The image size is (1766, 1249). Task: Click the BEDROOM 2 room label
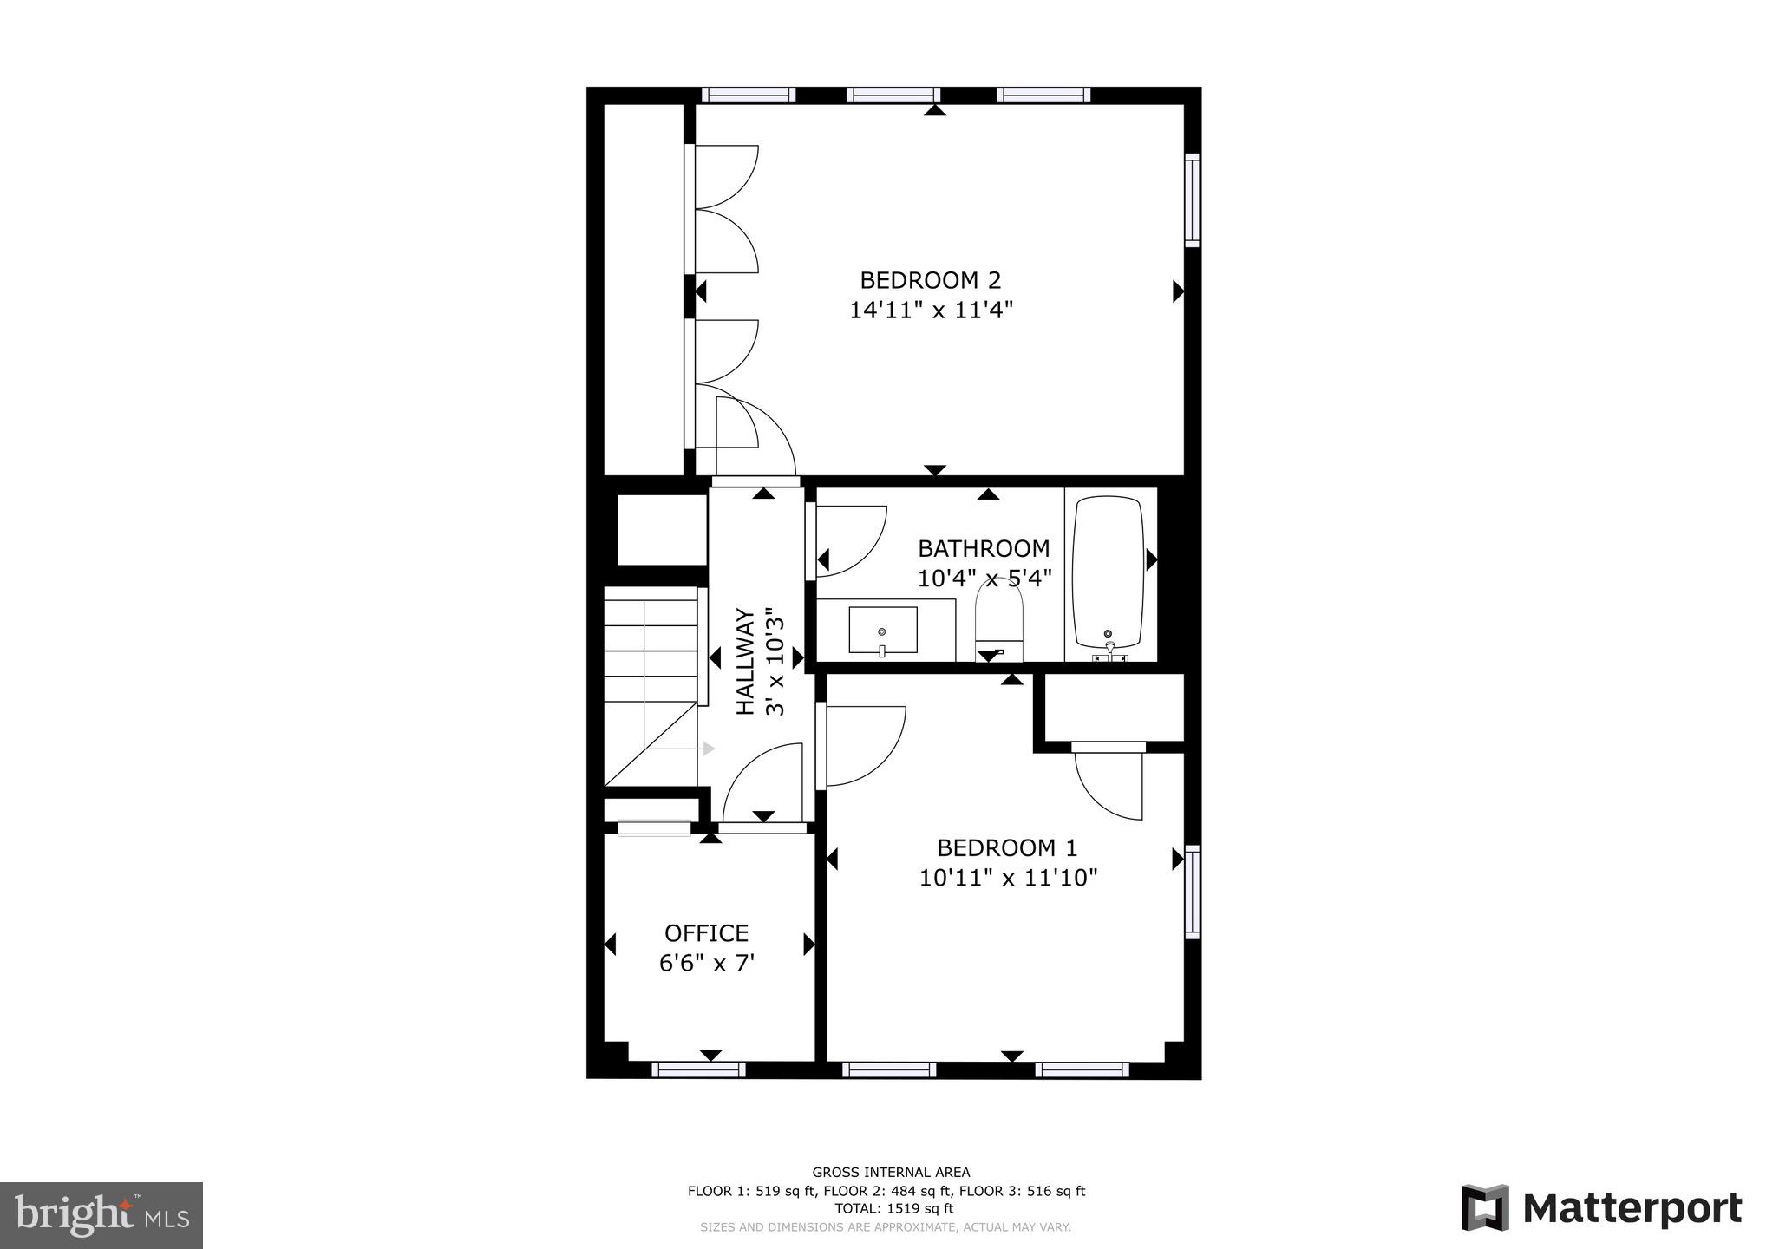click(x=930, y=280)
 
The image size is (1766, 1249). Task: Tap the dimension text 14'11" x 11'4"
click(x=931, y=311)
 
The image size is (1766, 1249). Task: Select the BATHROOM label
click(x=984, y=548)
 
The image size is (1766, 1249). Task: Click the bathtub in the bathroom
click(x=1109, y=572)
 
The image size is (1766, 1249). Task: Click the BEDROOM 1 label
click(x=1007, y=847)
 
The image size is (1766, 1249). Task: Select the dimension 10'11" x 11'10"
click(x=1008, y=878)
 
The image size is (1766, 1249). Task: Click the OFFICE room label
click(x=706, y=933)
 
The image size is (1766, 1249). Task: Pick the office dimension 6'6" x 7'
click(x=706, y=964)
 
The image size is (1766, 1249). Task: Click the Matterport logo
click(x=1601, y=1208)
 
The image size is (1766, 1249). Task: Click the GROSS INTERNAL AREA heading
click(x=891, y=1173)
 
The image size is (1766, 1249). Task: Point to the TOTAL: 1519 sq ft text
click(x=893, y=1208)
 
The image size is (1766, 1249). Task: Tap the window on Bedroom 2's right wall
click(x=1193, y=200)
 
